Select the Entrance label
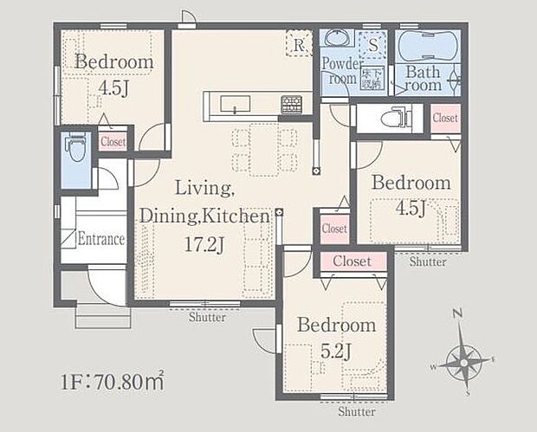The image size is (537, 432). [101, 239]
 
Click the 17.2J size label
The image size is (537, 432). [204, 246]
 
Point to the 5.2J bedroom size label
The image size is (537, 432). [336, 351]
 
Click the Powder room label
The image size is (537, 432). [340, 70]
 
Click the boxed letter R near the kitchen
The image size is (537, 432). [298, 45]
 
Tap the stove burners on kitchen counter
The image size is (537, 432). [292, 105]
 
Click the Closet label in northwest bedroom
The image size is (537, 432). [113, 142]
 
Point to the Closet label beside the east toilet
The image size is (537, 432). [445, 118]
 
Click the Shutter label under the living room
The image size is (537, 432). [207, 318]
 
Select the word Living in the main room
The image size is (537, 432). [204, 187]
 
